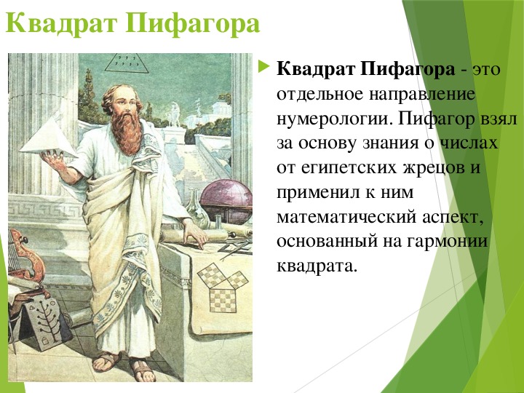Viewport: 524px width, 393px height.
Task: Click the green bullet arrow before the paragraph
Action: pos(264,66)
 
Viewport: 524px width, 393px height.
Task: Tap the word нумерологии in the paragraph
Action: pos(334,119)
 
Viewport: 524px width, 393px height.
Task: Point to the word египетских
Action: pos(348,168)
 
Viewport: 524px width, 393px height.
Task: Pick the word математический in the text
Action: pos(346,217)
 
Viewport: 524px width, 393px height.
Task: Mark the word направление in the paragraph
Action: pos(422,95)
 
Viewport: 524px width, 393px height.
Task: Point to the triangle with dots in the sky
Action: pos(127,63)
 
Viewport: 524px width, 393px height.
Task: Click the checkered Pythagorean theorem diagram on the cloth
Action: pos(223,287)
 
